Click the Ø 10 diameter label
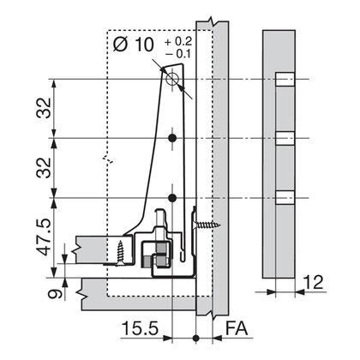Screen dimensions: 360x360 tap(134, 45)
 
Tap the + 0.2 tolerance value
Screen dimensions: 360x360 tap(178, 41)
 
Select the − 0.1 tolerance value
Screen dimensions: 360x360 tap(178, 54)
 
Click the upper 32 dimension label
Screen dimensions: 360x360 tap(44, 108)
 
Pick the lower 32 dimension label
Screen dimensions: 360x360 tap(44, 168)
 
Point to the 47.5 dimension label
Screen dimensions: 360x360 tap(44, 237)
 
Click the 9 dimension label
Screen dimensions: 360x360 tap(54, 294)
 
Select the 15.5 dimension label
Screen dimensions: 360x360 tap(140, 328)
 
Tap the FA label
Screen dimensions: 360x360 tap(237, 328)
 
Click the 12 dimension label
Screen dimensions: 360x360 tap(313, 282)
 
